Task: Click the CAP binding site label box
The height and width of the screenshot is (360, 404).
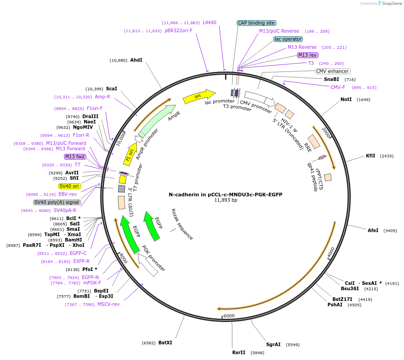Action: click(256, 23)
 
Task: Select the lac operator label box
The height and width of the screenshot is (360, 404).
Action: click(288, 39)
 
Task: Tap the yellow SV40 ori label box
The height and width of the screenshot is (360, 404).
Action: click(69, 186)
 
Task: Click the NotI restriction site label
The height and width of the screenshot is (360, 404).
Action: click(346, 99)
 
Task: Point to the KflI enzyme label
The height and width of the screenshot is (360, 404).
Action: click(370, 156)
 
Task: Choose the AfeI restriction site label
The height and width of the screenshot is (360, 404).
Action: click(373, 230)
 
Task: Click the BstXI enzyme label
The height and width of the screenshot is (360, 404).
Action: click(165, 343)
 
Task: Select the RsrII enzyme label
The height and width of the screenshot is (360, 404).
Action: click(239, 352)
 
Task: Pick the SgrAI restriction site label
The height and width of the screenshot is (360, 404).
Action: click(273, 344)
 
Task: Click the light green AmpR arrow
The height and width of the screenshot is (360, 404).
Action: click(157, 119)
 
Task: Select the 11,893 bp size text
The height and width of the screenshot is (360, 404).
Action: click(225, 200)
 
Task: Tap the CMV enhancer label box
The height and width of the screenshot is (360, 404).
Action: click(332, 71)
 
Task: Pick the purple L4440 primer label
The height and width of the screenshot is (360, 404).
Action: click(209, 22)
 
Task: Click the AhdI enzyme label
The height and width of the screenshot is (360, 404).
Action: click(136, 60)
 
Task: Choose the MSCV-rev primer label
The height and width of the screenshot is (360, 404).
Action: click(109, 305)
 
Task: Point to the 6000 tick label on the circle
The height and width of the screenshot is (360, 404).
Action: click(229, 316)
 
